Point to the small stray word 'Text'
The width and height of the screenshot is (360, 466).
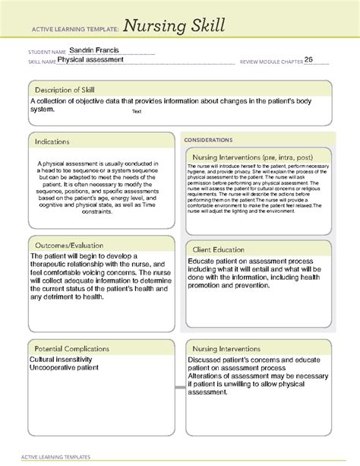[x=136, y=111]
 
